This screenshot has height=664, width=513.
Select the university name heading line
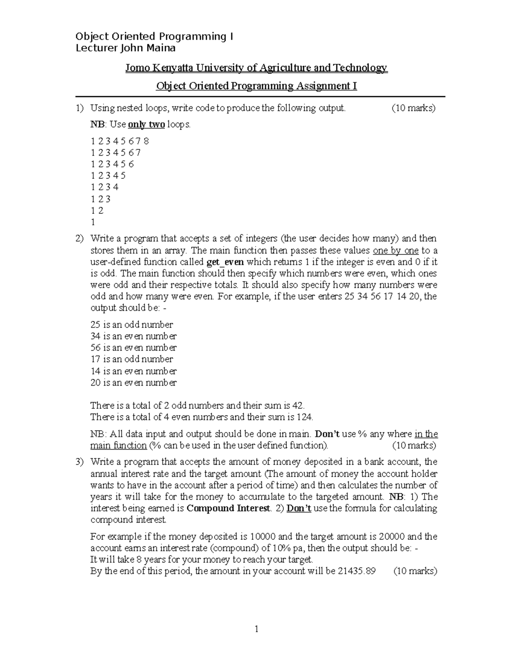coord(256,68)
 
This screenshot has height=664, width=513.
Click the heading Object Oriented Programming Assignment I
coord(256,86)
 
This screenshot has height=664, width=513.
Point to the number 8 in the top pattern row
coord(147,141)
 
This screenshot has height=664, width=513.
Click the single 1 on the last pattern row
coord(93,222)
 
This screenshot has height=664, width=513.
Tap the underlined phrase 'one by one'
coord(395,251)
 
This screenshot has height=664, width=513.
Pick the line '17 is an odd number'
coord(132,359)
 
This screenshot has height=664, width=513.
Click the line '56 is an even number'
coord(133,348)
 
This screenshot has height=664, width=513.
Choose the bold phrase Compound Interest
coord(229,508)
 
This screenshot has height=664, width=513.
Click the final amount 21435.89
coord(356,571)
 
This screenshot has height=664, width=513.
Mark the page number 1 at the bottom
coord(256,629)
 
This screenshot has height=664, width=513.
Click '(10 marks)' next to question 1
coord(413,108)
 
